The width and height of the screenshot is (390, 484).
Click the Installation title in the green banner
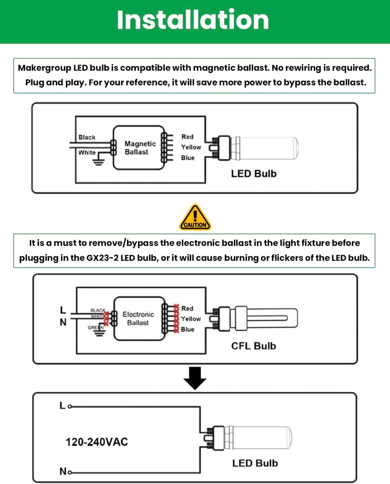[x=193, y=20]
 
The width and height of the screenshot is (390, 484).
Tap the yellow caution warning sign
[x=195, y=218]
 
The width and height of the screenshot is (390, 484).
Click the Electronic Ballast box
[x=138, y=318]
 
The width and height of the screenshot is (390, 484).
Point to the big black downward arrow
[x=195, y=378]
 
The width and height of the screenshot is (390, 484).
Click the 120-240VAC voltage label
[x=97, y=442]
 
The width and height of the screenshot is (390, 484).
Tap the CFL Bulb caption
[x=253, y=346]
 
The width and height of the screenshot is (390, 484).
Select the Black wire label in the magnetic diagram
[x=87, y=138]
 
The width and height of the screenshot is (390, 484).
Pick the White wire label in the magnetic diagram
[x=87, y=153]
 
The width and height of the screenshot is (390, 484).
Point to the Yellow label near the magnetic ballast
[x=191, y=147]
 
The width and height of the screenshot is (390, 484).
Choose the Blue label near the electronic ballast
[x=187, y=329]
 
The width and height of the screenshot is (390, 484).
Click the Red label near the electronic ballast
[x=187, y=309]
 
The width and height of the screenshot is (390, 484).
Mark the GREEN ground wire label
[x=96, y=328]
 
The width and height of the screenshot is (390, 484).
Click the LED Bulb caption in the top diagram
[x=253, y=173]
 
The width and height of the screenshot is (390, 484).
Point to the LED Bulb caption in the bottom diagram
[x=255, y=463]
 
